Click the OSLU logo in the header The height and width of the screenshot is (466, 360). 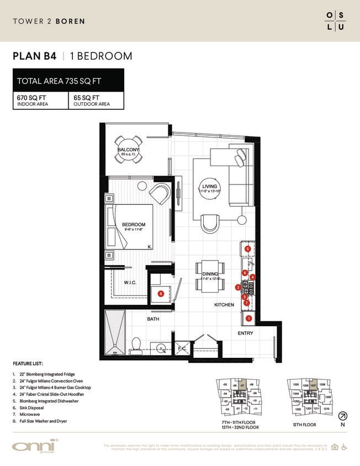tap(335, 20)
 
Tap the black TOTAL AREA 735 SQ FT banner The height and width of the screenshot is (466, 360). tap(68, 81)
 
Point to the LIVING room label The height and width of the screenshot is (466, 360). tap(210, 187)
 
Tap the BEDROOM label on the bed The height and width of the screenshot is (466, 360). tap(134, 224)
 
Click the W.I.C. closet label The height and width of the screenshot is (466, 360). tap(130, 283)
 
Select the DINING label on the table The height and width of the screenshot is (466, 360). tap(210, 274)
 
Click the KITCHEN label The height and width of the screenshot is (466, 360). tap(224, 304)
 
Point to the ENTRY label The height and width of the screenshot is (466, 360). tap(246, 333)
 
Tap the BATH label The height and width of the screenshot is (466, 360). tap(153, 319)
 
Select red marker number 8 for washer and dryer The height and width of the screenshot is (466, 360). tap(161, 294)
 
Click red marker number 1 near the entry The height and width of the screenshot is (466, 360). tap(248, 318)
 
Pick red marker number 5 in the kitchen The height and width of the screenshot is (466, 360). tap(248, 249)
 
